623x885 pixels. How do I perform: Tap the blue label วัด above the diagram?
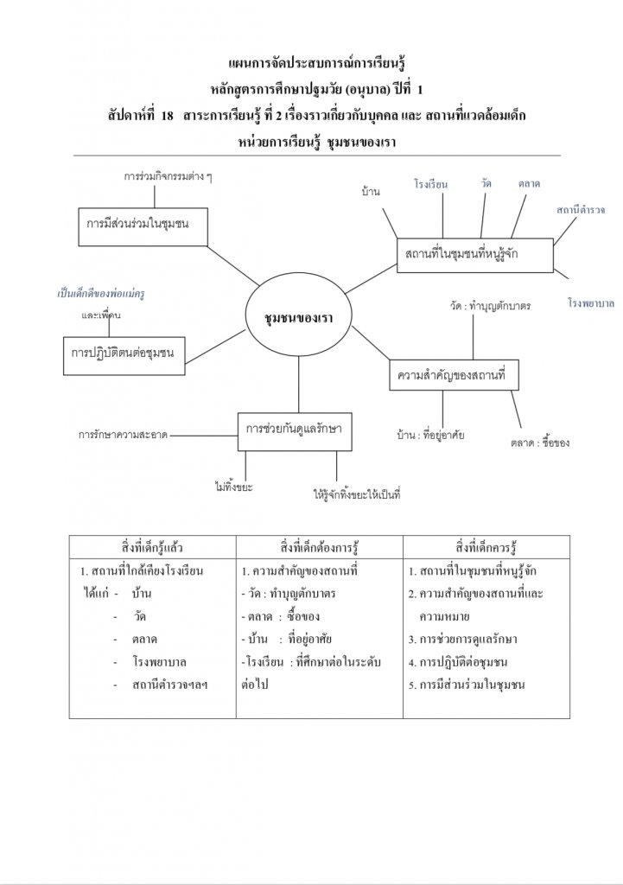coord(486,183)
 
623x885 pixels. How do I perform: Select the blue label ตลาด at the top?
coord(529,184)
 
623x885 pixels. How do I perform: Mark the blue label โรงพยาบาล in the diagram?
coord(591,304)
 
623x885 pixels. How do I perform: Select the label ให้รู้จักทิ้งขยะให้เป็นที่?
coord(357,496)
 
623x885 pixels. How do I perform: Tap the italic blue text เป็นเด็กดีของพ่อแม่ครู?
coord(100,294)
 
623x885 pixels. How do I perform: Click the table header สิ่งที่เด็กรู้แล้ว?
coord(153,547)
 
